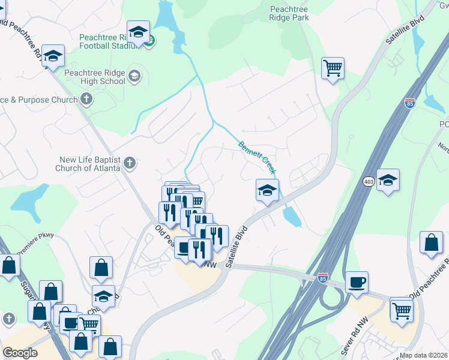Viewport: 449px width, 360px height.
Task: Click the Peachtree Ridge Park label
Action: point(289,14)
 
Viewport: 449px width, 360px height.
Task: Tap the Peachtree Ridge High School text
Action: point(95,77)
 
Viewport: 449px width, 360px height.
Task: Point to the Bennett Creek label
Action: point(258,158)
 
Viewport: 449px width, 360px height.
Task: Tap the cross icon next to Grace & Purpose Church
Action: point(87,100)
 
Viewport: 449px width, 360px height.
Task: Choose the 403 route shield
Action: point(369,181)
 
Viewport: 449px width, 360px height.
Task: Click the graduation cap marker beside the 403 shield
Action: point(388,180)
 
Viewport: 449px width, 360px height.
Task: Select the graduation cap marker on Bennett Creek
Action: point(267,191)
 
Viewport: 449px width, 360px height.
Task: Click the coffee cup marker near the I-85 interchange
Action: point(357,282)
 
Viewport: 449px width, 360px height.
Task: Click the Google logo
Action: point(20,353)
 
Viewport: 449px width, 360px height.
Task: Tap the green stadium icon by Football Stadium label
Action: point(151,41)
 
